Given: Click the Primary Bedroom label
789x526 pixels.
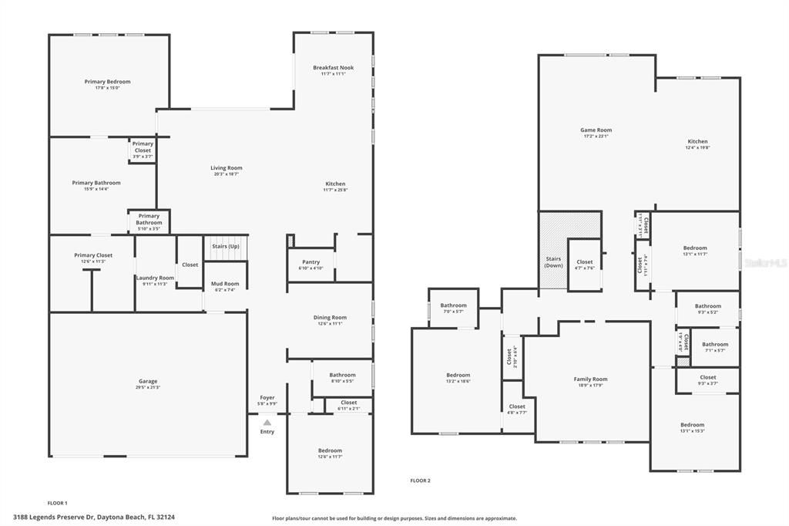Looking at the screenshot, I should (x=107, y=82).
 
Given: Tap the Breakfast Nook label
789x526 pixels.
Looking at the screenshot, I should (x=333, y=68).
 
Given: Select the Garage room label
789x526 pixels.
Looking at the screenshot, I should (x=147, y=381).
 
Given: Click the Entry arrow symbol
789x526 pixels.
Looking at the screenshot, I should (x=267, y=423).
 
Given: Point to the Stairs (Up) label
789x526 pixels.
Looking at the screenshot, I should (x=226, y=246).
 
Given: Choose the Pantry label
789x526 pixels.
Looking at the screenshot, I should (x=311, y=261).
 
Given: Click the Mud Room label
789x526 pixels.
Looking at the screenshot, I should (x=225, y=284).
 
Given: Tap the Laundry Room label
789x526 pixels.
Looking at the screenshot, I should (x=155, y=278).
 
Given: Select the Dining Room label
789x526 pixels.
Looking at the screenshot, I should (x=330, y=317).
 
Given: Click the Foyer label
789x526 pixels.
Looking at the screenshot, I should (x=267, y=398).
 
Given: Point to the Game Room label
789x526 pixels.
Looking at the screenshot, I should (x=596, y=130).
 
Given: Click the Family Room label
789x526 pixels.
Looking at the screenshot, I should (x=590, y=379).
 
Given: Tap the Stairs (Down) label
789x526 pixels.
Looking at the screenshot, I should (x=553, y=261).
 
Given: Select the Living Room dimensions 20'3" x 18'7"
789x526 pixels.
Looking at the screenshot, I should (x=227, y=174).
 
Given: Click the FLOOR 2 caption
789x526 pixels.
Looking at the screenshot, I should (x=420, y=480).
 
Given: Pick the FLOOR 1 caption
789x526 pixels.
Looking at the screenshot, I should (x=58, y=503).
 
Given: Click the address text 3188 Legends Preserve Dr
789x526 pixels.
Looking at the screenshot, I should (x=54, y=517).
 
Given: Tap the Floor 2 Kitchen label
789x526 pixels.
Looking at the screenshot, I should (x=697, y=142).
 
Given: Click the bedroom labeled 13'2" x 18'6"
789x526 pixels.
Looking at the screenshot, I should (x=458, y=375).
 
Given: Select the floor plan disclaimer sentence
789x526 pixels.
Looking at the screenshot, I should (x=394, y=518).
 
